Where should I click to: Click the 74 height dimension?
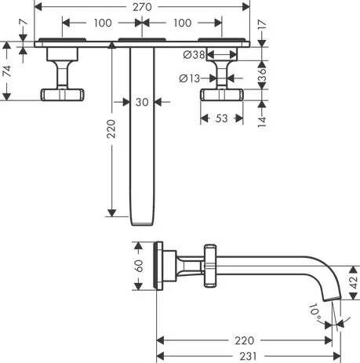(7, 71)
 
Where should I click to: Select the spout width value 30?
(142, 101)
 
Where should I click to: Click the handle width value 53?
(222, 118)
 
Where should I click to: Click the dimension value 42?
(352, 282)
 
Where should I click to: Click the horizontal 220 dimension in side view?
(245, 340)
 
